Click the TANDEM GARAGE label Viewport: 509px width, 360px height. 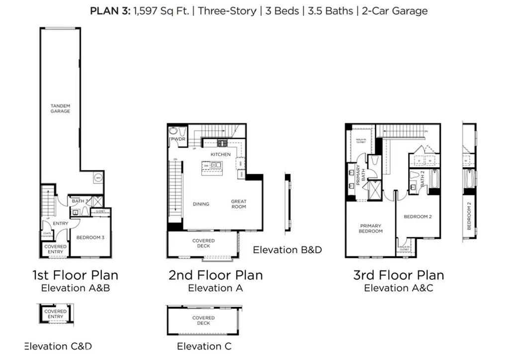click(60, 108)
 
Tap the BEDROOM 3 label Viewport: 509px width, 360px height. click(90, 237)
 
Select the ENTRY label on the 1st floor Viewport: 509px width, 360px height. click(60, 224)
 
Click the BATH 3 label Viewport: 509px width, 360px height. click(80, 201)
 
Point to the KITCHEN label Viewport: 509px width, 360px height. click(220, 155)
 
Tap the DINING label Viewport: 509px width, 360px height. click(201, 204)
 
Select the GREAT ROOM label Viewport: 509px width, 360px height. click(239, 204)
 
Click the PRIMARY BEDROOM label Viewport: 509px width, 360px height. click(371, 228)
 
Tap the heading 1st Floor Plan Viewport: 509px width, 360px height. click(76, 275)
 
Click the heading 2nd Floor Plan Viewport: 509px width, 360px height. click(215, 275)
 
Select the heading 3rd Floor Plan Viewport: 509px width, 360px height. click(399, 275)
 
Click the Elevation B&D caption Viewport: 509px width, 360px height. click(287, 250)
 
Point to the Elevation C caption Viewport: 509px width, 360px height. click(204, 346)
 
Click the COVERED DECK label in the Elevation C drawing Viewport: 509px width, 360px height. click(203, 320)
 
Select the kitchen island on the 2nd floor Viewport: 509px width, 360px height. click(212, 167)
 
